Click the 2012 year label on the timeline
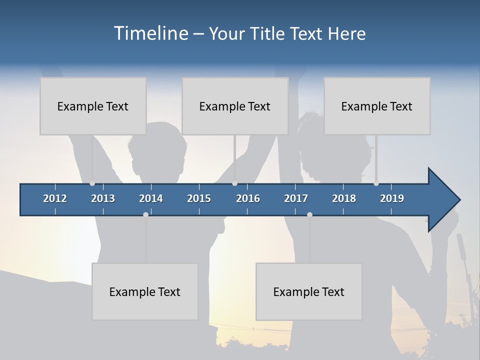pos(55,198)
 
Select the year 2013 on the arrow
pos(103,198)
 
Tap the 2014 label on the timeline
pos(151,198)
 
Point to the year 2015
pos(199,198)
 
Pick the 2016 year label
pos(248,198)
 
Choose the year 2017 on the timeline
pos(296,198)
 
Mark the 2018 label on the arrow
pos(344,198)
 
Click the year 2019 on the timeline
pos(392,198)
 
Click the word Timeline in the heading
pos(150,33)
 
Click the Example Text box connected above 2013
pos(93,106)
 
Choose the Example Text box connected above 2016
pos(235,106)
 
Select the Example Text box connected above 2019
pos(377,106)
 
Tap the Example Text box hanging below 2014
pos(145,291)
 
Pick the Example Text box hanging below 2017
pos(309,291)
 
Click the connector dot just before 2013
pos(92,183)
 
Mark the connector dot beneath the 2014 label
pos(145,214)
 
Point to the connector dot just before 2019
pos(376,183)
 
